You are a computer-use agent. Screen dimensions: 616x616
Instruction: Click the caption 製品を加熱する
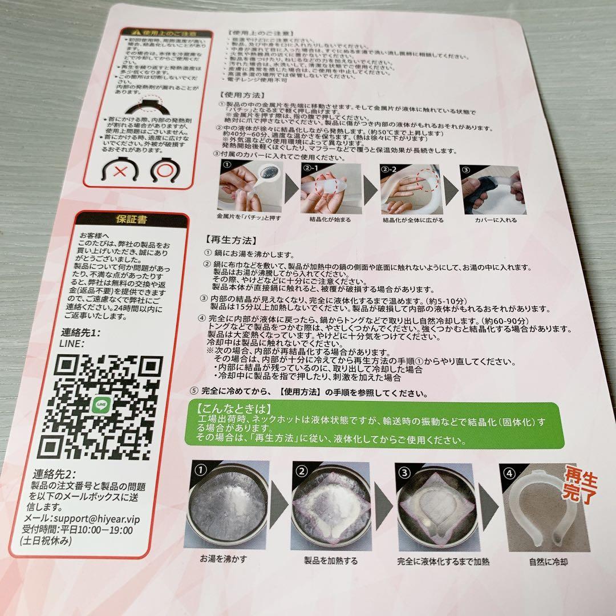coord(331,560)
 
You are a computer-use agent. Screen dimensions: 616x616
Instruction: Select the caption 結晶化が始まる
coord(330,219)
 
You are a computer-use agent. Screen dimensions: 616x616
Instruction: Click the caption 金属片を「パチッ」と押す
coord(249,218)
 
